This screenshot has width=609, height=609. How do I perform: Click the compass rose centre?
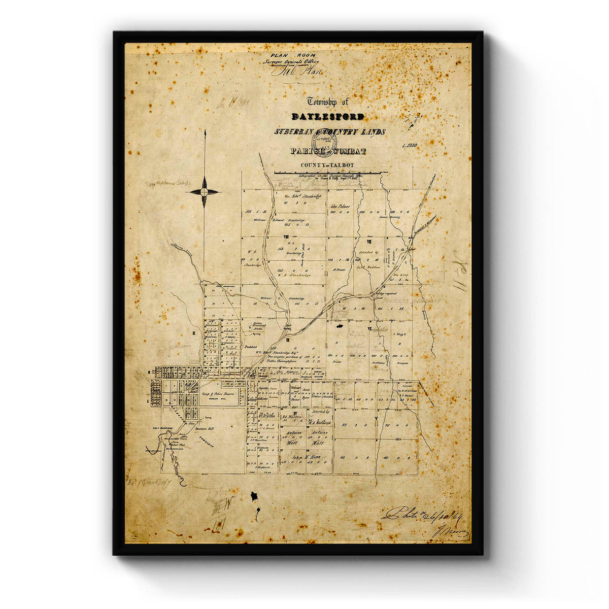coord(205,191)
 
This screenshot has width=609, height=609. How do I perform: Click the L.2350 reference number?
coord(409,146)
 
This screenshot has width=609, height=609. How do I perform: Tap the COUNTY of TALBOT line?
coord(327,165)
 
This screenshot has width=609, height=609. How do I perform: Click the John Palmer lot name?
coord(341,207)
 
